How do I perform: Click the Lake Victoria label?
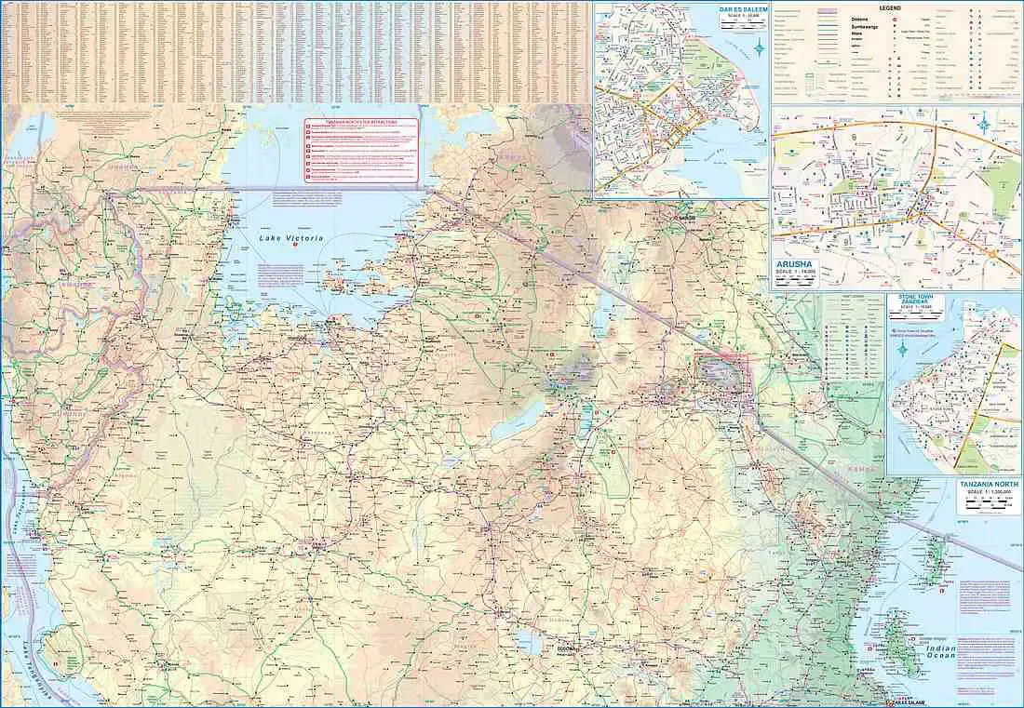[x=290, y=239]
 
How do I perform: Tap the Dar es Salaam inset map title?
[x=741, y=12]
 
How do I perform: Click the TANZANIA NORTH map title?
[x=988, y=485]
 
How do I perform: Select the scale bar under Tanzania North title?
[x=988, y=506]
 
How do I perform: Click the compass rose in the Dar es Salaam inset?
[x=761, y=48]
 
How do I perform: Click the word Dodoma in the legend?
[x=863, y=19]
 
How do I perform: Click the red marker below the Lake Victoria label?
[x=296, y=270]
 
